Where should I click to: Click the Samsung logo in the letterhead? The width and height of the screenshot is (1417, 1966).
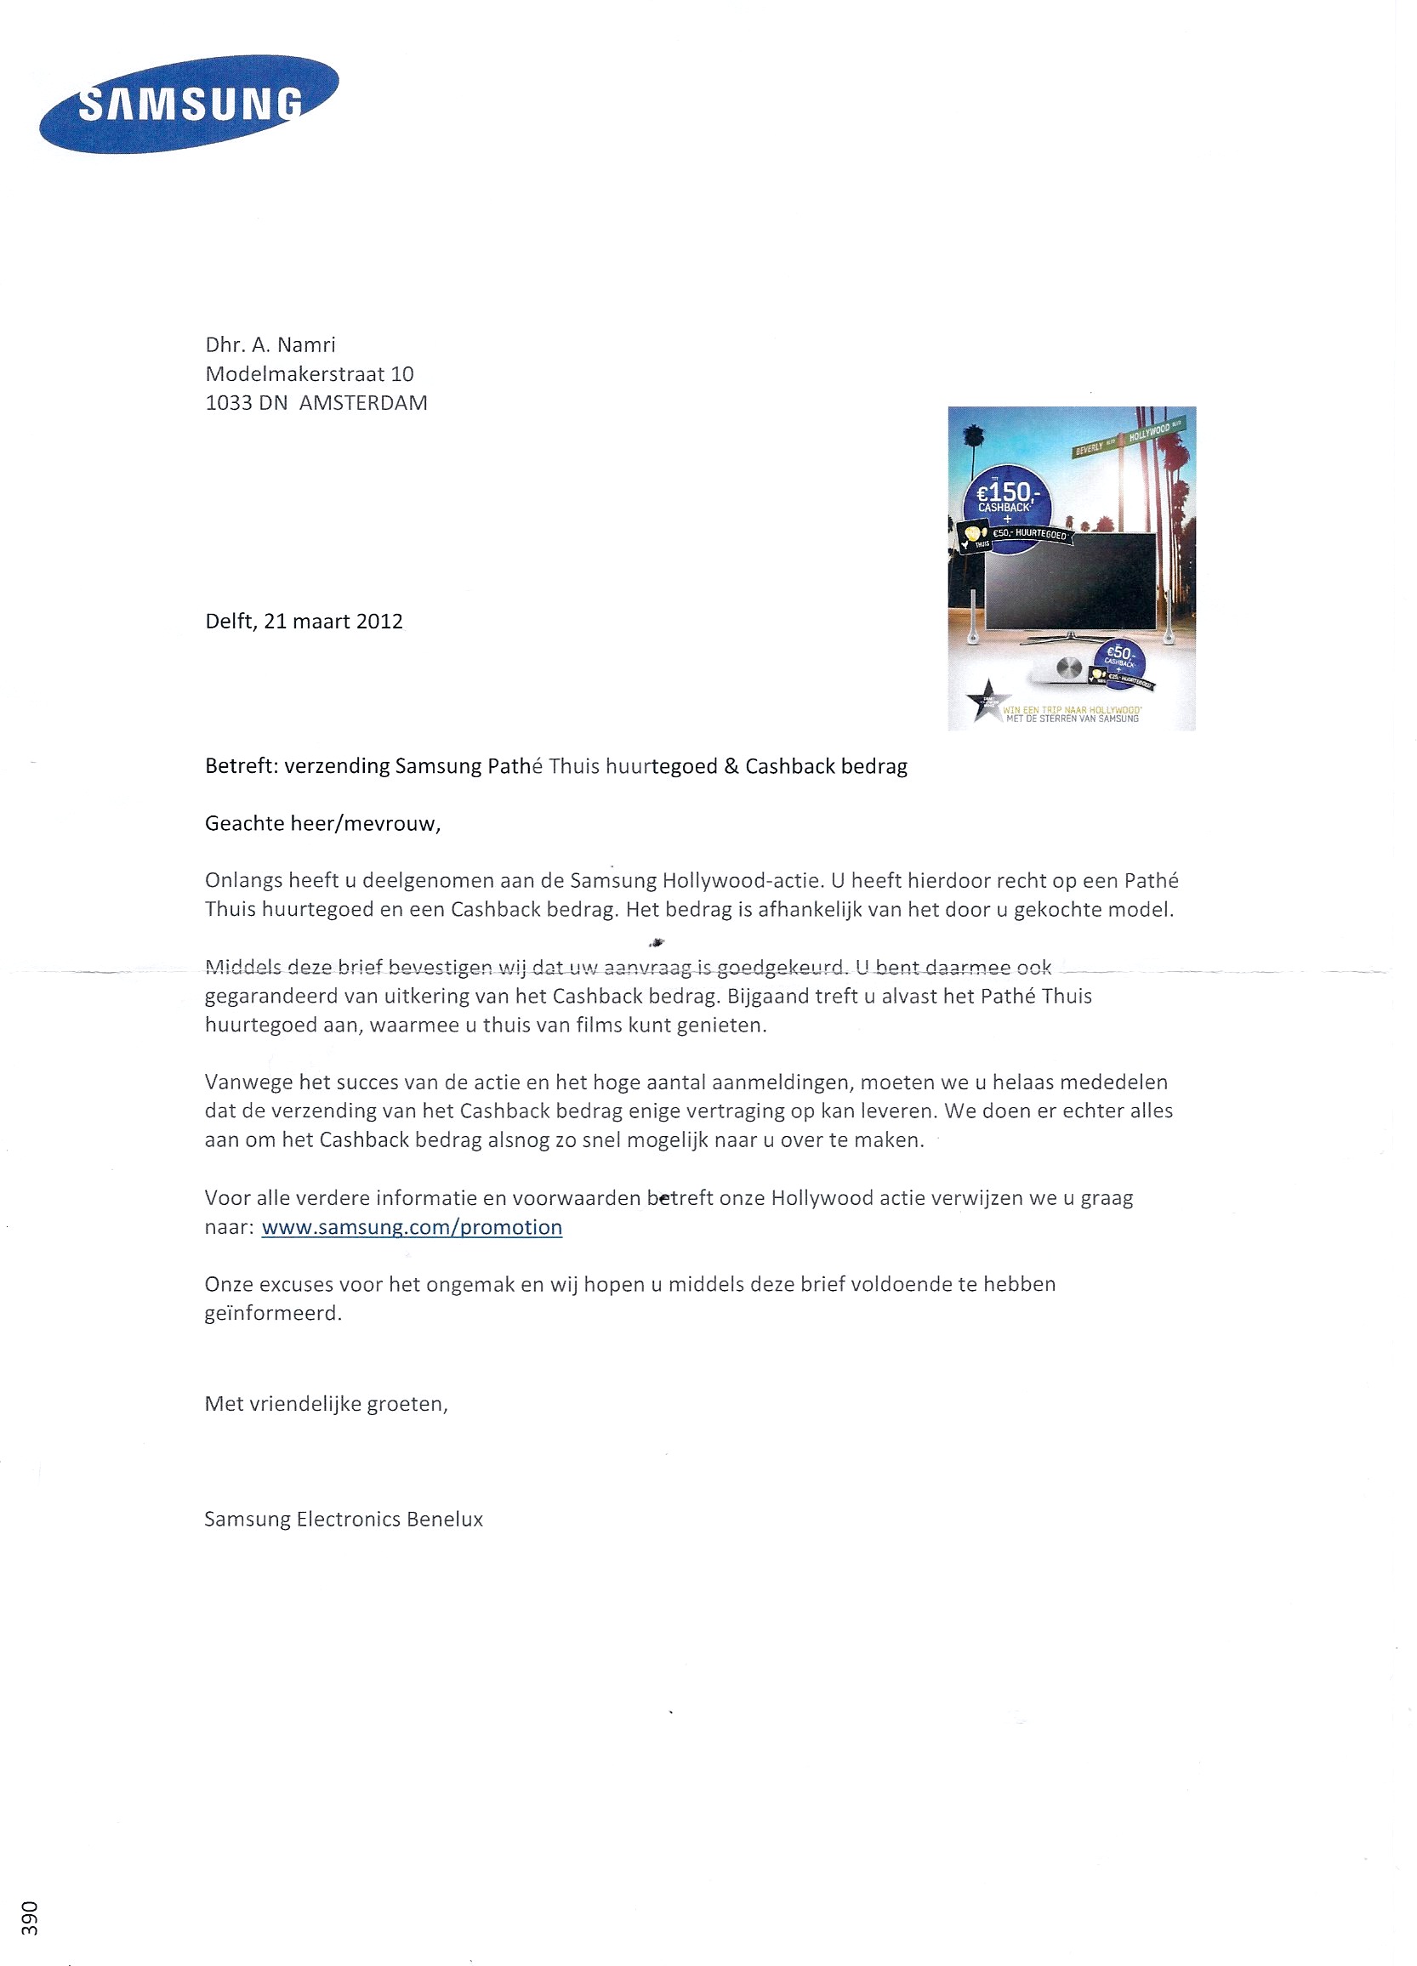tap(188, 104)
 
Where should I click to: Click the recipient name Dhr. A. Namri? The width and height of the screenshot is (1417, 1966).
tap(270, 345)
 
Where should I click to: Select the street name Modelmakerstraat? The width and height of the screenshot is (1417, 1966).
tap(294, 374)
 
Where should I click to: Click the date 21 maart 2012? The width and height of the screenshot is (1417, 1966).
tap(333, 622)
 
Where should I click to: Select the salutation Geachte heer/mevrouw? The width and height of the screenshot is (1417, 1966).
tap(322, 823)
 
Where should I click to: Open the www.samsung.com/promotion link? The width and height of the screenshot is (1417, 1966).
tap(412, 1227)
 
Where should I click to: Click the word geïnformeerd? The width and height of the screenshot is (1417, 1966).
tap(273, 1313)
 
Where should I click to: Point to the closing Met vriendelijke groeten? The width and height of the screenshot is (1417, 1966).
tap(326, 1404)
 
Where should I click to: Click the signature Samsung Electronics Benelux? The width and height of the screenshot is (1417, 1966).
tap(344, 1520)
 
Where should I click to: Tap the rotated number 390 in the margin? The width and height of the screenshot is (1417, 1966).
tap(30, 1918)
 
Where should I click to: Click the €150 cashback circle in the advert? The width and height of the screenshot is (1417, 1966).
tap(1006, 498)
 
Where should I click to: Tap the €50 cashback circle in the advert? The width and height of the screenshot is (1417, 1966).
tap(1120, 662)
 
